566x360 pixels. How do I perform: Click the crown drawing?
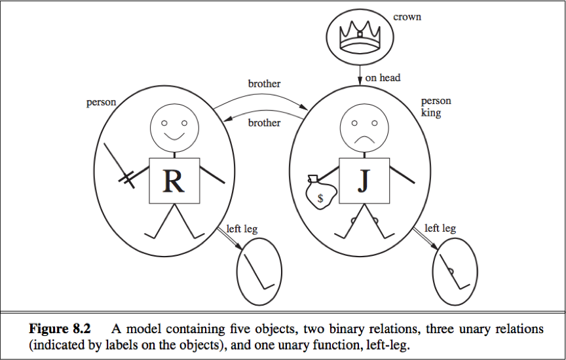(360, 37)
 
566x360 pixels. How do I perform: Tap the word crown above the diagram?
(407, 17)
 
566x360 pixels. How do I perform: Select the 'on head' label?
(383, 78)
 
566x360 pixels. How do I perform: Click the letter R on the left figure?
(173, 181)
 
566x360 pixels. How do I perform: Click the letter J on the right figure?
(364, 181)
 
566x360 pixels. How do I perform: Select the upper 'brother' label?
(264, 84)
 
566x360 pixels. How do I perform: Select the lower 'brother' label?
(264, 122)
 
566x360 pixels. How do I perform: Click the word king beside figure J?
(431, 113)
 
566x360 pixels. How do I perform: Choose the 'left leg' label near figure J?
(440, 228)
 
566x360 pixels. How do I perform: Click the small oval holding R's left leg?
(258, 271)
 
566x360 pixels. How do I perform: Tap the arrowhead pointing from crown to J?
(360, 82)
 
